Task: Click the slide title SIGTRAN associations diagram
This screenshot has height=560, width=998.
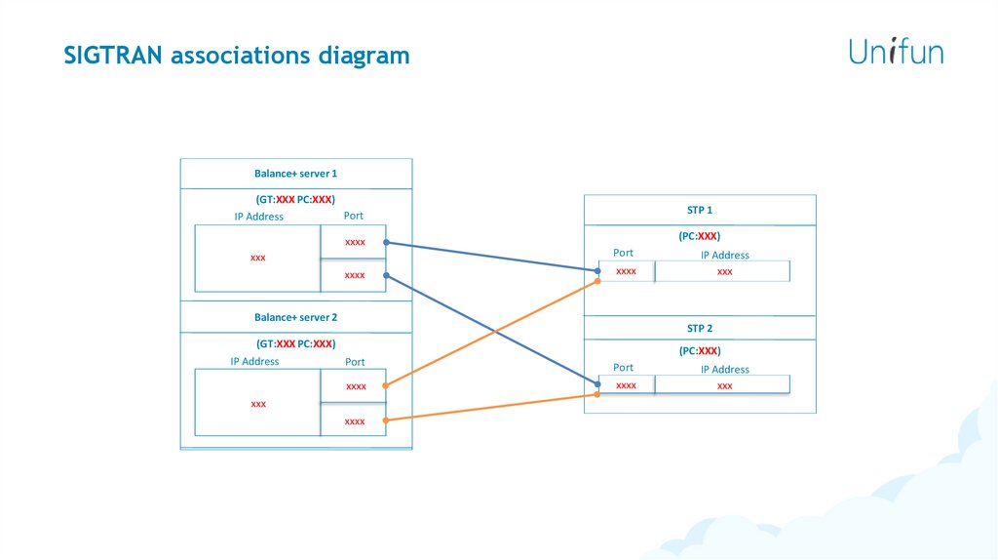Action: [x=237, y=56]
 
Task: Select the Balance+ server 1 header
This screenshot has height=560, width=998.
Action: [x=296, y=174]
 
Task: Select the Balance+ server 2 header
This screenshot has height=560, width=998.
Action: [x=296, y=317]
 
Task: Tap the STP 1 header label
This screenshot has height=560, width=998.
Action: [x=700, y=210]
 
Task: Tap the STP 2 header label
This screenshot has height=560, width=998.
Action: [x=700, y=329]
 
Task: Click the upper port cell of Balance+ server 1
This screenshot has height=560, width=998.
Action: [x=354, y=242]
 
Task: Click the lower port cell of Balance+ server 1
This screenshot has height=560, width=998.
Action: [x=354, y=275]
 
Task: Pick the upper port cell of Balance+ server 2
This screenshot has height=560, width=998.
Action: [x=355, y=386]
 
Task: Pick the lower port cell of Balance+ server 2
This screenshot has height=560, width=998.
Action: [x=354, y=420]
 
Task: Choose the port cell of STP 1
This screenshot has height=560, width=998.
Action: [x=627, y=271]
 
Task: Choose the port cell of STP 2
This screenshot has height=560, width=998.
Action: [x=627, y=385]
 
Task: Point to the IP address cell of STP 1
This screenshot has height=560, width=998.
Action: [x=723, y=272]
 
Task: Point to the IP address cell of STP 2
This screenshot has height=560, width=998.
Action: [x=723, y=386]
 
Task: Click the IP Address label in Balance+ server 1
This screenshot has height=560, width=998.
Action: [x=258, y=217]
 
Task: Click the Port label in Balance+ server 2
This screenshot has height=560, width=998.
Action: [x=355, y=362]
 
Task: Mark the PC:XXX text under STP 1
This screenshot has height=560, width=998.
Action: [x=700, y=236]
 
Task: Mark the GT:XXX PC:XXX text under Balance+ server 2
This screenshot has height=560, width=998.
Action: [x=296, y=343]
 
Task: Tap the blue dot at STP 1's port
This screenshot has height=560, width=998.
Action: [x=597, y=269]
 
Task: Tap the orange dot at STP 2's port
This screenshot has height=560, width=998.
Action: [x=597, y=394]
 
